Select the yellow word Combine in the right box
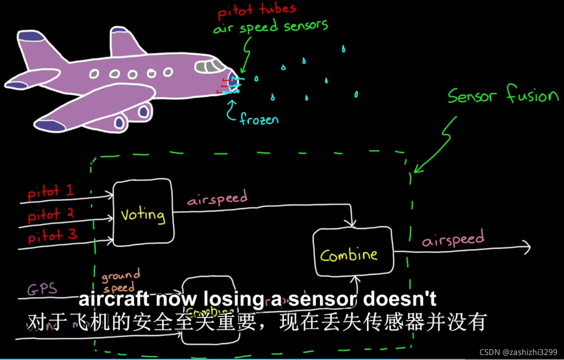point(349,255)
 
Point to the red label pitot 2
point(50,215)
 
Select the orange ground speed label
point(120,280)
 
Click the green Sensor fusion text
point(503,96)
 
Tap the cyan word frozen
point(259,119)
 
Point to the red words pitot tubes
point(257,11)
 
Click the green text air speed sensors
point(270,27)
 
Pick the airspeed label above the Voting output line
point(217,198)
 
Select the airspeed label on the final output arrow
point(453,240)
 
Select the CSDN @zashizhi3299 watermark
point(518,352)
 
